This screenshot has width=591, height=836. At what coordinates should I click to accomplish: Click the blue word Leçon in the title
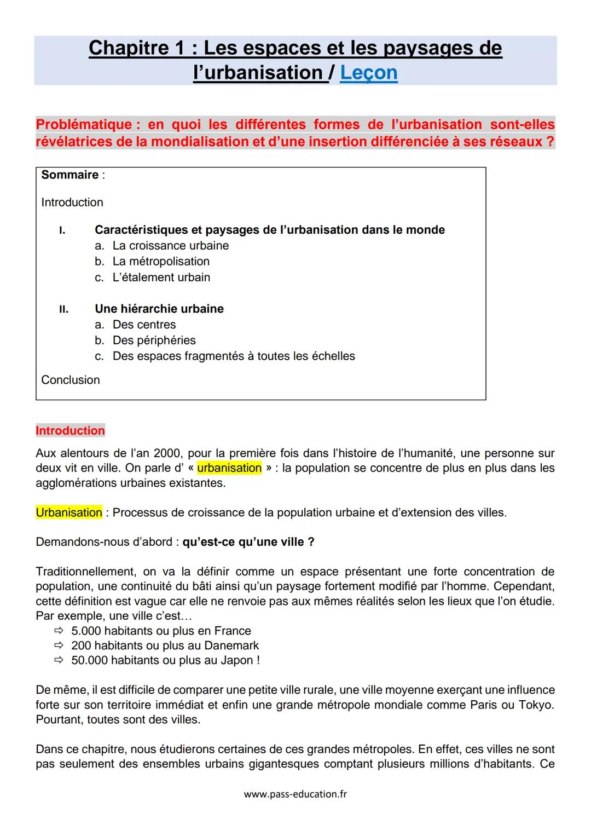pyautogui.click(x=368, y=73)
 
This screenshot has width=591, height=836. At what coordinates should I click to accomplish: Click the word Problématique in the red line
pyautogui.click(x=83, y=125)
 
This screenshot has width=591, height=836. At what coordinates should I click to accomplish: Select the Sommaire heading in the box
pyautogui.click(x=70, y=175)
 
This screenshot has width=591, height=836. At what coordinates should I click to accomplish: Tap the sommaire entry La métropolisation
pyautogui.click(x=161, y=262)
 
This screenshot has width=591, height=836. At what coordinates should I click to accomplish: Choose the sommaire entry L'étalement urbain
pyautogui.click(x=161, y=278)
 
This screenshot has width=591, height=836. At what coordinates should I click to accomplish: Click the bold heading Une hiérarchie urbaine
pyautogui.click(x=159, y=309)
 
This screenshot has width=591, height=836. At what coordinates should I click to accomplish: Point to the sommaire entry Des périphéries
pyautogui.click(x=154, y=341)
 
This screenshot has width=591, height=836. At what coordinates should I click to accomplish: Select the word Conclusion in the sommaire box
pyautogui.click(x=71, y=380)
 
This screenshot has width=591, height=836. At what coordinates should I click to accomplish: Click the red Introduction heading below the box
pyautogui.click(x=70, y=431)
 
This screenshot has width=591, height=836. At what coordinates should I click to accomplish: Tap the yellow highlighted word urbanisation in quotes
pyautogui.click(x=229, y=468)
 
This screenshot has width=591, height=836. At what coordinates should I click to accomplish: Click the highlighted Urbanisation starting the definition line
pyautogui.click(x=69, y=513)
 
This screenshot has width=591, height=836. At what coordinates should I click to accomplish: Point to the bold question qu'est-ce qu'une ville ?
pyautogui.click(x=248, y=542)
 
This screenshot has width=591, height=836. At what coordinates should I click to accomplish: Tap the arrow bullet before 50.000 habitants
pyautogui.click(x=59, y=661)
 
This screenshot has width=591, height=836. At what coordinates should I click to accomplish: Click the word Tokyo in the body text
pyautogui.click(x=535, y=705)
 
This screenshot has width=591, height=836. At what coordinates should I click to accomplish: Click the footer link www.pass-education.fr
pyautogui.click(x=295, y=794)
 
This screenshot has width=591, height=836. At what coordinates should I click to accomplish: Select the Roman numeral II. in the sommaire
pyautogui.click(x=64, y=309)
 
